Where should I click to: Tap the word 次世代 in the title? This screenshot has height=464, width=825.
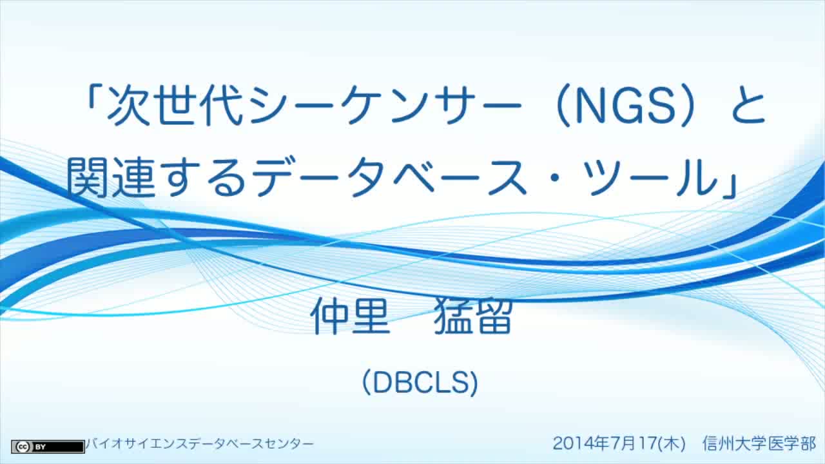[x=175, y=105]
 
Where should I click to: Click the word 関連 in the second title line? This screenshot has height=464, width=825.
[x=110, y=177]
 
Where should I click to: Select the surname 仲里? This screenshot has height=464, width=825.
[x=350, y=316]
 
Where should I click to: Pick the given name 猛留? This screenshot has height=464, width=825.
[x=473, y=316]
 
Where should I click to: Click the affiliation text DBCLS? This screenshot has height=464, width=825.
[x=420, y=383]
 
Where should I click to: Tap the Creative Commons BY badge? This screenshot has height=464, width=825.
[x=48, y=447]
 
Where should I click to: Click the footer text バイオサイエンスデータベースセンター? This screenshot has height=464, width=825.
[x=200, y=444]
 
